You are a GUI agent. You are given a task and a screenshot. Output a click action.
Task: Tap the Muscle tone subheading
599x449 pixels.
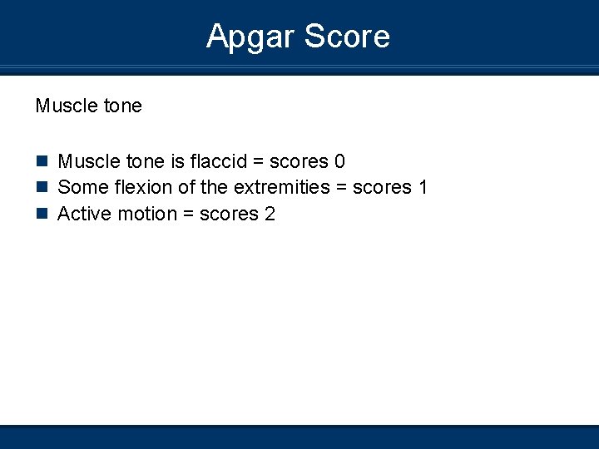pyautogui.click(x=88, y=106)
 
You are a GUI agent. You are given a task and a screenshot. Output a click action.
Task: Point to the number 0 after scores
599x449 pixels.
pyautogui.click(x=339, y=161)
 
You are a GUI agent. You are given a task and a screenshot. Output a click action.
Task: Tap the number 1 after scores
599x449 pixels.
pyautogui.click(x=423, y=188)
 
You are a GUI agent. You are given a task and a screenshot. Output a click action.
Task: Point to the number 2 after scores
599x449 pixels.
pyautogui.click(x=270, y=215)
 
